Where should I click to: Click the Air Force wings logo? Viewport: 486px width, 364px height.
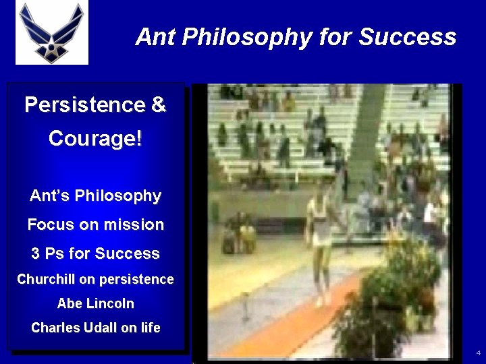click(52, 33)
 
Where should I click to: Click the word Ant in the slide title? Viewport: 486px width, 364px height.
click(153, 36)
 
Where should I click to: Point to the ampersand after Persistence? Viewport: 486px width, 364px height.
click(158, 105)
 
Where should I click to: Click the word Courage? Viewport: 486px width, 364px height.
click(95, 139)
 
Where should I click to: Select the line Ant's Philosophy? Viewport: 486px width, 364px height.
click(95, 196)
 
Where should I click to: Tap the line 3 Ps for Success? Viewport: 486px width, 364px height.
click(95, 253)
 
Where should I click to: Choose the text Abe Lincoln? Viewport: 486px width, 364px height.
click(95, 303)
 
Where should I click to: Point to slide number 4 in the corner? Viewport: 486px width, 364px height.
click(478, 353)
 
